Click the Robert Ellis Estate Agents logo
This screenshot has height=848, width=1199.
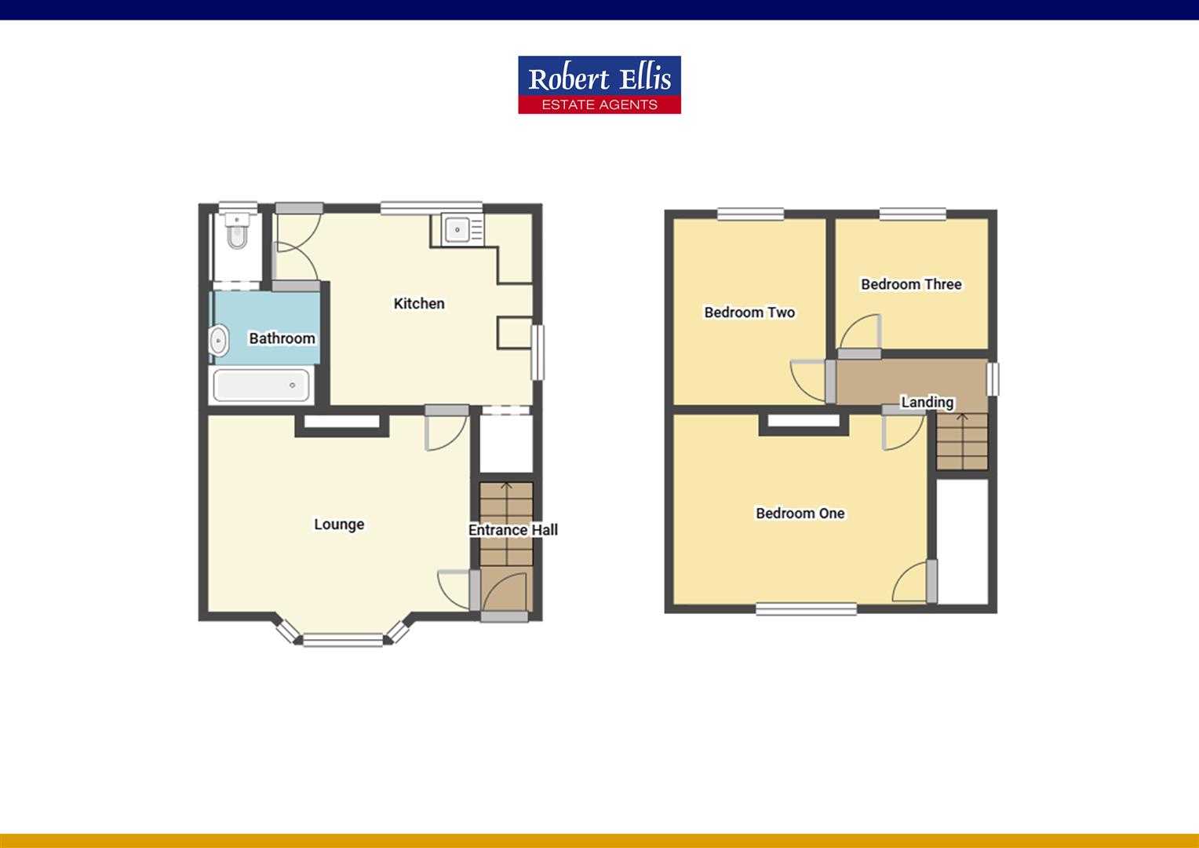[x=599, y=85]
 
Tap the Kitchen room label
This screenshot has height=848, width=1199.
[x=419, y=304]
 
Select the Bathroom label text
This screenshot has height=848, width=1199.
[x=282, y=338]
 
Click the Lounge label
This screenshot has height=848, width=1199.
[x=339, y=525]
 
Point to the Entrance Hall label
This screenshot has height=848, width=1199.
[x=513, y=530]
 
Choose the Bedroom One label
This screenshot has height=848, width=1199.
[x=800, y=514]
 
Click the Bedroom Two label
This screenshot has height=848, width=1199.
[x=749, y=313]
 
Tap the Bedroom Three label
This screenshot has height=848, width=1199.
[x=911, y=284]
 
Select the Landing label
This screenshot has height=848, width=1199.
[x=927, y=403]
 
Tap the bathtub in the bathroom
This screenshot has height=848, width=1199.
[x=262, y=386]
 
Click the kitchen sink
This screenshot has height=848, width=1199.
[x=457, y=230]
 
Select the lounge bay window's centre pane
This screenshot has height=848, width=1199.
[x=342, y=640]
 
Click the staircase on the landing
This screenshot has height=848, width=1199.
[x=961, y=441]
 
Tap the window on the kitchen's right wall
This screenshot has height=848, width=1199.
[x=538, y=353]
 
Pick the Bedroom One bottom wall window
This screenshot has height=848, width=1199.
[x=807, y=608]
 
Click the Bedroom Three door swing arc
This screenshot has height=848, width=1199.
[x=862, y=331]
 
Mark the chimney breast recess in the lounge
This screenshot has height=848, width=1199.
[x=341, y=423]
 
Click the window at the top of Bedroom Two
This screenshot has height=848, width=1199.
[x=750, y=213]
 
